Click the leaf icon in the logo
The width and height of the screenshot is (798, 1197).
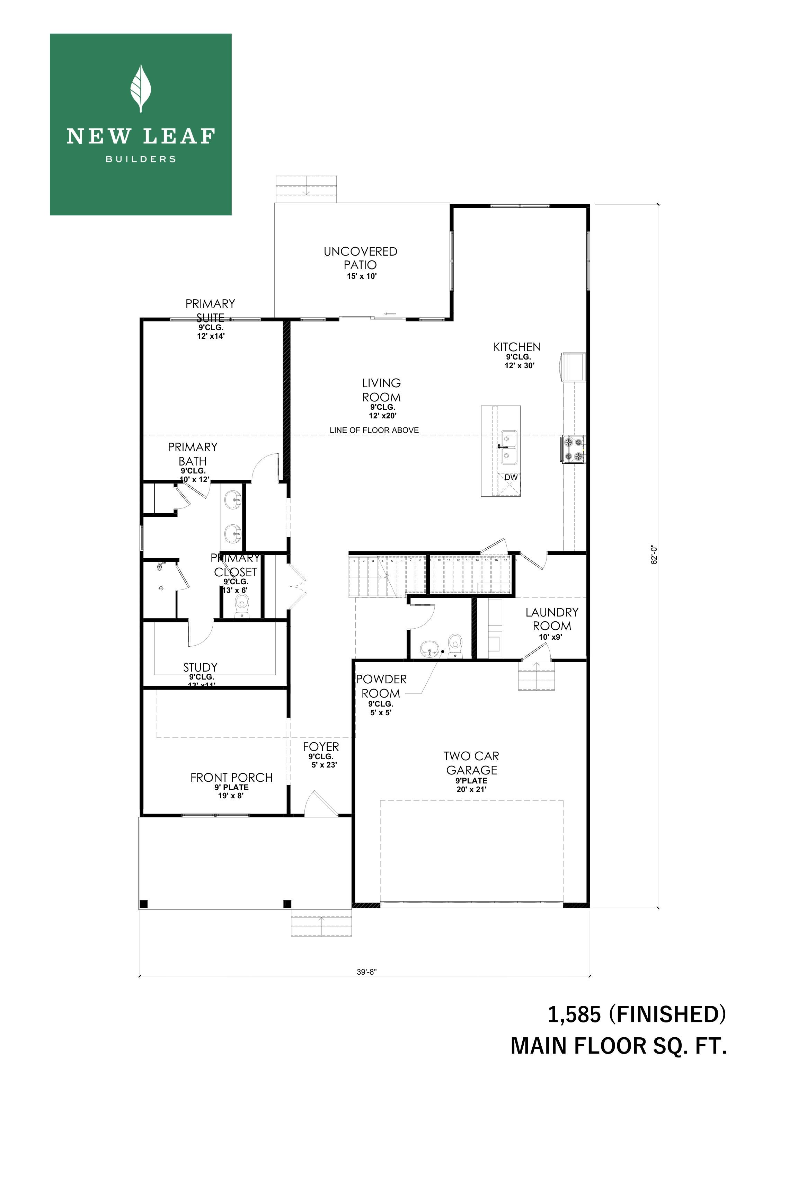(141, 88)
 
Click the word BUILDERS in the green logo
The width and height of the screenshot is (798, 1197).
(141, 159)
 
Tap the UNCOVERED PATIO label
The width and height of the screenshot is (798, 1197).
(360, 258)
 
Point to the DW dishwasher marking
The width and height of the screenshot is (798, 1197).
(511, 477)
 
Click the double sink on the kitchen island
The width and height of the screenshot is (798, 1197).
(509, 447)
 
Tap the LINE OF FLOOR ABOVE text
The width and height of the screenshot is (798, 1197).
(374, 430)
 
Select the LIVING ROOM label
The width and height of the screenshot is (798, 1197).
(381, 390)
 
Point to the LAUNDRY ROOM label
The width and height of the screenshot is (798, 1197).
(552, 619)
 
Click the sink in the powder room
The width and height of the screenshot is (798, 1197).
(429, 649)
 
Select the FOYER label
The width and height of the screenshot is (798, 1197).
(321, 747)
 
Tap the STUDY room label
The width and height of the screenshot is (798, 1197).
(201, 667)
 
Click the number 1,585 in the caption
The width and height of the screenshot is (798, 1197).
(574, 1025)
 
